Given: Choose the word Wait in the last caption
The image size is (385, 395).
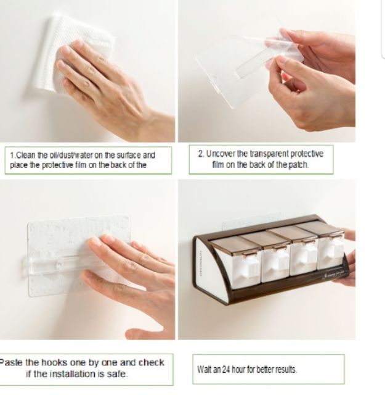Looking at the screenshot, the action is (x=205, y=370).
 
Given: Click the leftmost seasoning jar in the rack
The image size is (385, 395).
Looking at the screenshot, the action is (x=236, y=262).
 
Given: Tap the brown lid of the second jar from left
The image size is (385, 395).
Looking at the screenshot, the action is (x=264, y=239).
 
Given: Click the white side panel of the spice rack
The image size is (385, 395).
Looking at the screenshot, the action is (x=211, y=270).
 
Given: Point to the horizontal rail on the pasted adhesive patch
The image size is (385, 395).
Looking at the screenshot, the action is (x=63, y=265).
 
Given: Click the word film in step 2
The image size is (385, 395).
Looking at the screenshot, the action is (x=218, y=165).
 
